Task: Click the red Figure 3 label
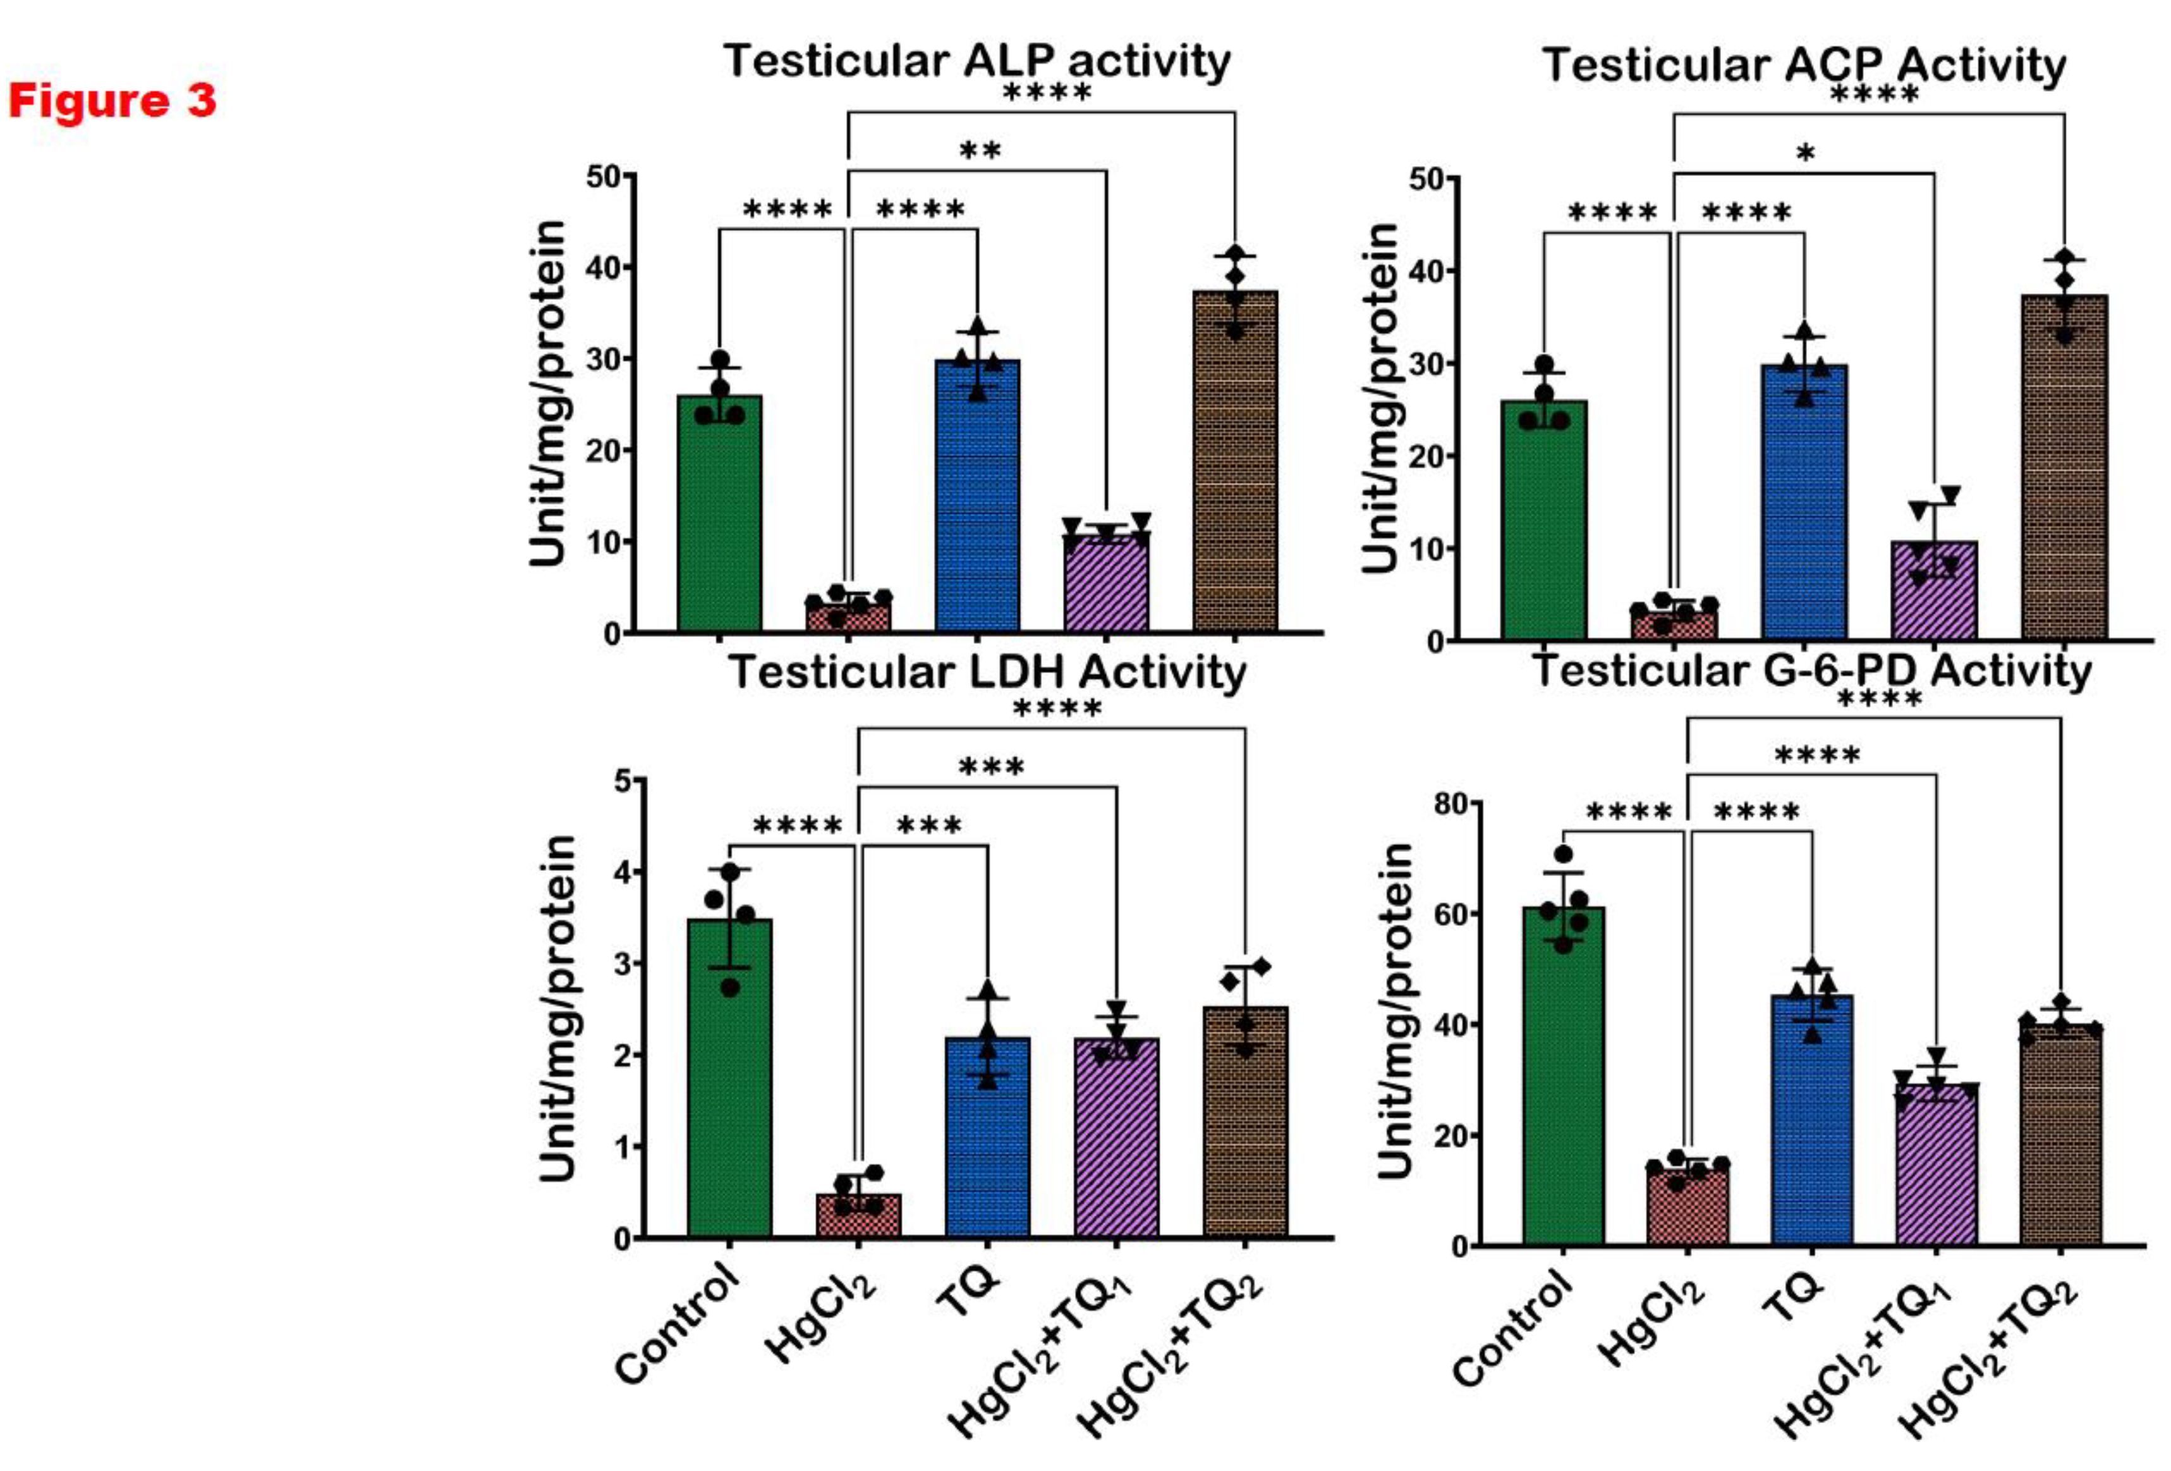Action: click(112, 100)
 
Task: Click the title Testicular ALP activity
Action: click(976, 62)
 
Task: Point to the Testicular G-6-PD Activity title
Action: click(1811, 671)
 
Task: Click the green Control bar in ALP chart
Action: click(719, 514)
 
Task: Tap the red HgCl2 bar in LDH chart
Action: click(858, 1215)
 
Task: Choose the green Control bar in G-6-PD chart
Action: click(1563, 1074)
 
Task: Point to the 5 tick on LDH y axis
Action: click(621, 780)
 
